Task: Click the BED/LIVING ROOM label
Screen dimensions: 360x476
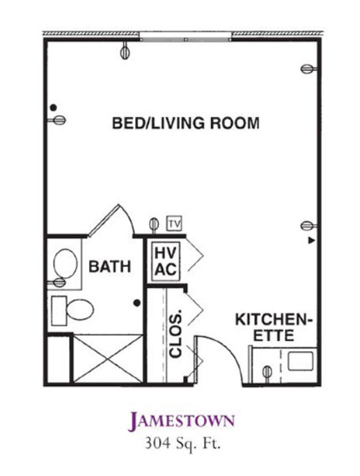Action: click(x=186, y=123)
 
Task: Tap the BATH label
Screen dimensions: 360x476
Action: click(x=110, y=266)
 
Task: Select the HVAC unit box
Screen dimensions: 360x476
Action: click(x=166, y=261)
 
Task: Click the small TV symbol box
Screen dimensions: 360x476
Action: click(x=174, y=224)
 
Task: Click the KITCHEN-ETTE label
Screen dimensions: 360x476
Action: click(x=274, y=328)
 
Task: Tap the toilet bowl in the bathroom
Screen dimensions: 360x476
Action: click(x=80, y=309)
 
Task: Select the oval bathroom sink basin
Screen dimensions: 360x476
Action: click(x=65, y=263)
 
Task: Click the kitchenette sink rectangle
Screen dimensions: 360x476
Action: click(x=300, y=361)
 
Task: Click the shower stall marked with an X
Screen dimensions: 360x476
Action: click(x=108, y=358)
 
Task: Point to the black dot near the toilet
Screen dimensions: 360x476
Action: click(x=137, y=302)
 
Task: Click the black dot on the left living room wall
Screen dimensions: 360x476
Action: click(x=54, y=107)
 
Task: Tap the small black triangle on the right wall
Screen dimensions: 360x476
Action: click(x=311, y=240)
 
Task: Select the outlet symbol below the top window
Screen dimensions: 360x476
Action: click(x=125, y=50)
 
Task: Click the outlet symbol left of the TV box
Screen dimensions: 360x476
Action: click(x=154, y=225)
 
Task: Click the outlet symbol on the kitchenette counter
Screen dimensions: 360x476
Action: click(x=267, y=372)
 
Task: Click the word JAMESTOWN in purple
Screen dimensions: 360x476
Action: click(x=181, y=422)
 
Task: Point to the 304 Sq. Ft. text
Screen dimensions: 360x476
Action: click(x=182, y=444)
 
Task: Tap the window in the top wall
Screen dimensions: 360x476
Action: click(x=186, y=36)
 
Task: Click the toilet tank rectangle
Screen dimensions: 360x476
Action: click(x=58, y=311)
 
